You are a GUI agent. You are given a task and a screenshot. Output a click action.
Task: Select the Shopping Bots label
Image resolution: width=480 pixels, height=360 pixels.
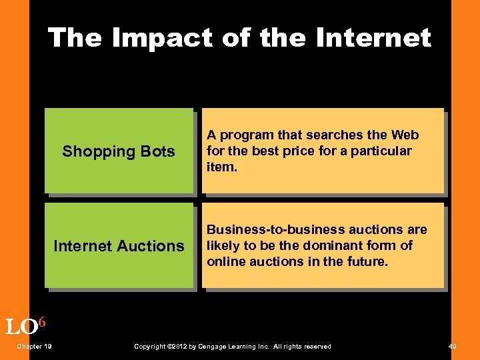[x=119, y=151]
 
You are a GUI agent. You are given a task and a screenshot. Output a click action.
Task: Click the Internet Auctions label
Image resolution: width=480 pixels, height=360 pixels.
[x=119, y=246]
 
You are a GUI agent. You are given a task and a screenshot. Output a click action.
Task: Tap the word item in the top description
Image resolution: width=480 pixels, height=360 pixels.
[x=221, y=167]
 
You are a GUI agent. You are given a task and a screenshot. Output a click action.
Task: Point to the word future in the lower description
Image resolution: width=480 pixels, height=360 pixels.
[x=365, y=261]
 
